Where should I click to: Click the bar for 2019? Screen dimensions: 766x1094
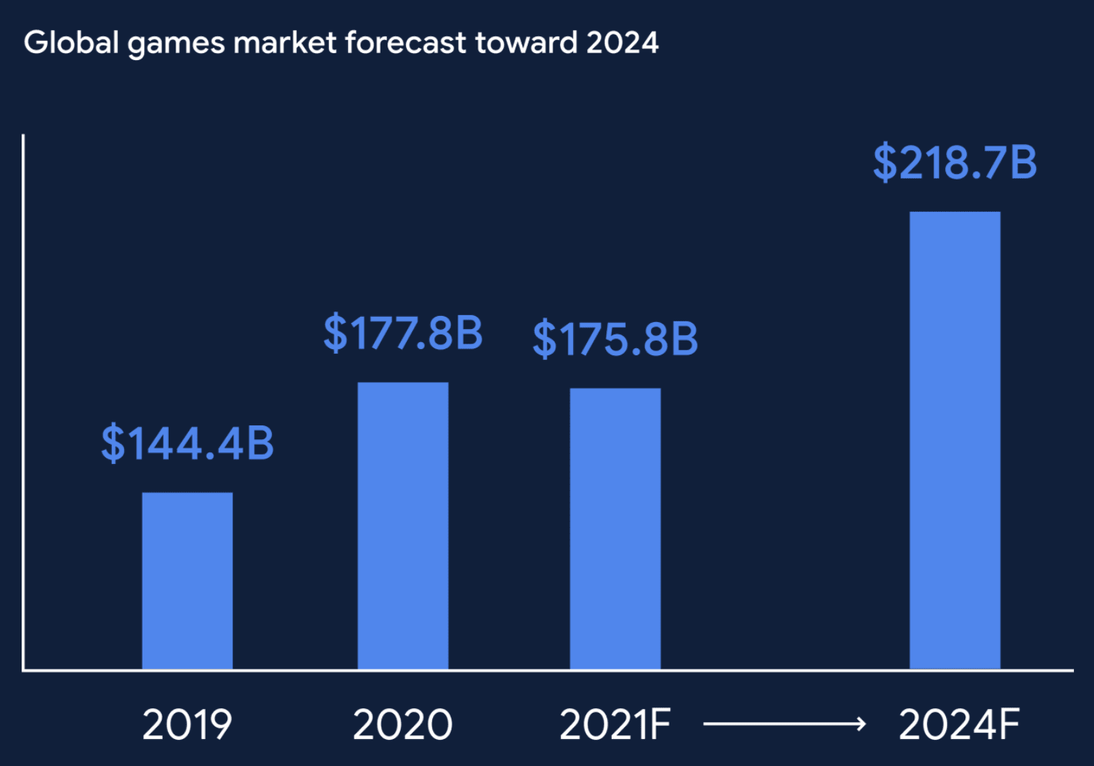click(187, 580)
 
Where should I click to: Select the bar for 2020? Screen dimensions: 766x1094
click(403, 526)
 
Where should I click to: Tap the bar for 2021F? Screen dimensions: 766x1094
click(615, 529)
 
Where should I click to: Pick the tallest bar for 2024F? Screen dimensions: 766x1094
click(955, 440)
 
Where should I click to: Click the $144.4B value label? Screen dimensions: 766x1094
click(187, 443)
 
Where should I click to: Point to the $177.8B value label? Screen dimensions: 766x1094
click(403, 333)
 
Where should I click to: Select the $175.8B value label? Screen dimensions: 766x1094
click(615, 339)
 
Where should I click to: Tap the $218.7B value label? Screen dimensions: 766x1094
click(955, 163)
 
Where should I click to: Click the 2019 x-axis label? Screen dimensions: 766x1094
click(187, 724)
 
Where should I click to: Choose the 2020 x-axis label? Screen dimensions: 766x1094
click(403, 724)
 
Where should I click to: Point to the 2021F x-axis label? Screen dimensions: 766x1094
click(615, 724)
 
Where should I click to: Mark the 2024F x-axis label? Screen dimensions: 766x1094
click(959, 724)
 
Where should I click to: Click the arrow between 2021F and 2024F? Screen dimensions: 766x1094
click(784, 724)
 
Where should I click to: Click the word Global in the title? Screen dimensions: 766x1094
click(72, 42)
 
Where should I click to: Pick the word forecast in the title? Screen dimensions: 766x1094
click(405, 42)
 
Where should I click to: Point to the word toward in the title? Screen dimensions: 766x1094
click(526, 42)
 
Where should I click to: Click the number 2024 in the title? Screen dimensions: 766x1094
click(623, 42)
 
